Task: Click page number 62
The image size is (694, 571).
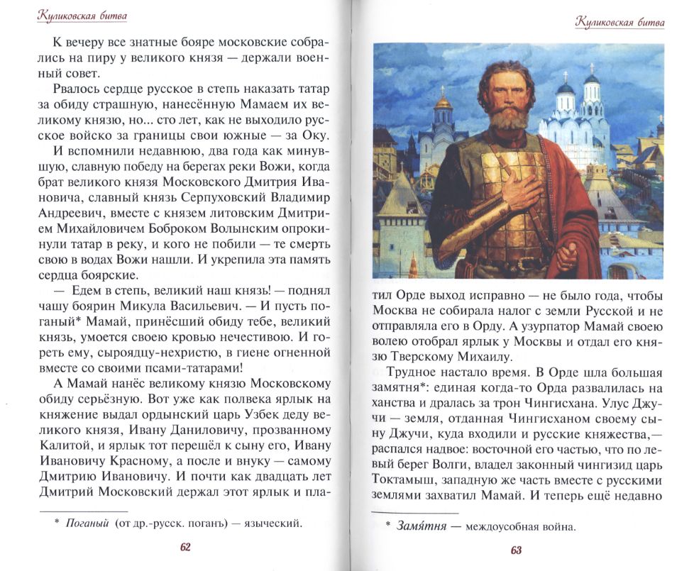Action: click(187, 547)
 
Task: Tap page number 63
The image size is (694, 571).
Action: click(516, 550)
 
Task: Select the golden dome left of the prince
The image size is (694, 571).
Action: click(444, 106)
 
